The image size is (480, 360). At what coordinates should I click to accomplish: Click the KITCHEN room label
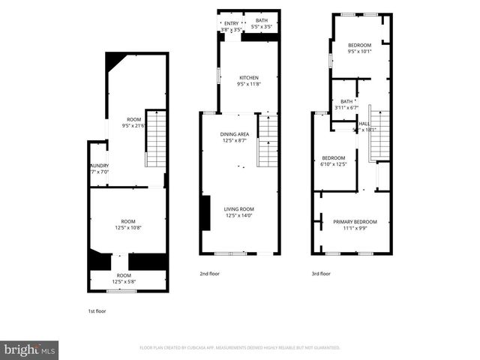(x=249, y=78)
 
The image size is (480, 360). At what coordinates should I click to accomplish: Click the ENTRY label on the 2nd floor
(x=230, y=24)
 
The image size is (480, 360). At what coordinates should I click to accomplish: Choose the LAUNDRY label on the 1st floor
(x=100, y=166)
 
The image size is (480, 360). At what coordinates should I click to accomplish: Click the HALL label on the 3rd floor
(x=364, y=124)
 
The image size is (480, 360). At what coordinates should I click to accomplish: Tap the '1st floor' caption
(x=97, y=310)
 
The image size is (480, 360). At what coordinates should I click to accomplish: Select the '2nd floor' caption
(x=209, y=274)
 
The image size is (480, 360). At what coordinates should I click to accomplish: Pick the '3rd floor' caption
(x=320, y=274)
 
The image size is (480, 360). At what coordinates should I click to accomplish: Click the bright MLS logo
(x=30, y=349)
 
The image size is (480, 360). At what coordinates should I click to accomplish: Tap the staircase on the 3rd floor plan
(x=380, y=135)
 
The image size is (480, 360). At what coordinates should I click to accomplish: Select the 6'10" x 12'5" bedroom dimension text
(x=334, y=164)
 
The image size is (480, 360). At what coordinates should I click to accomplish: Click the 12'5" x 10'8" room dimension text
(x=128, y=228)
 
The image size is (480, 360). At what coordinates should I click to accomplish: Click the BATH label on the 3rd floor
(x=346, y=101)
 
